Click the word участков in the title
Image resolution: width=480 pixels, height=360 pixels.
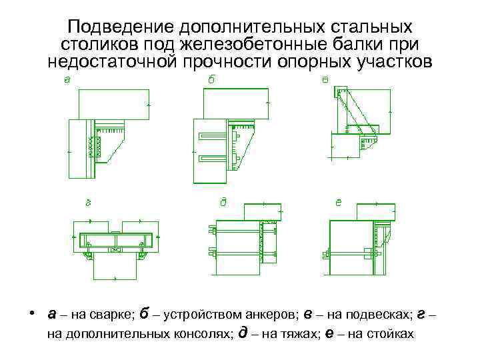click(x=393, y=62)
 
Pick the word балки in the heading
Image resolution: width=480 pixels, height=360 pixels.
click(x=357, y=44)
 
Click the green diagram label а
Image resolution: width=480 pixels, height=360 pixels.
click(x=67, y=80)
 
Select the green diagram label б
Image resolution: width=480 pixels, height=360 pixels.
click(x=212, y=79)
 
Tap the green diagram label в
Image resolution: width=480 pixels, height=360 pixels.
click(x=325, y=80)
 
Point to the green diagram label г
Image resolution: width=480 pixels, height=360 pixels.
click(x=87, y=201)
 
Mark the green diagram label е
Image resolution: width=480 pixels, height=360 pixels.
click(x=339, y=201)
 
